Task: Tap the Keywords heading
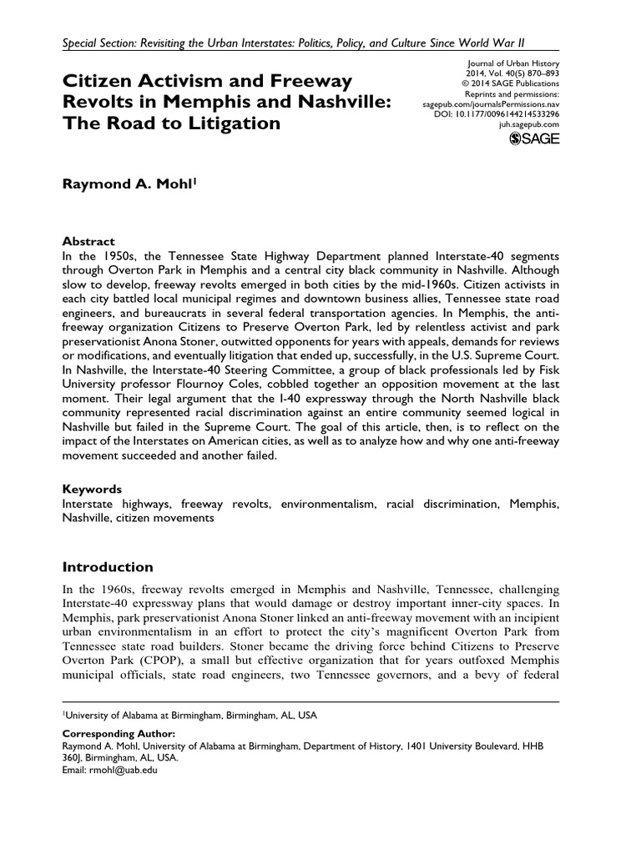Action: (92, 489)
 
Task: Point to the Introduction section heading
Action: (108, 567)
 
